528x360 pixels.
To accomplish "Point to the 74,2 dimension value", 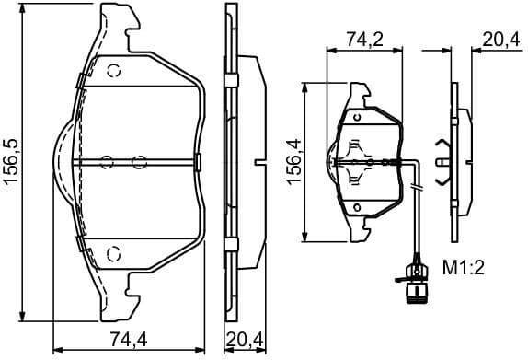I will (x=364, y=40).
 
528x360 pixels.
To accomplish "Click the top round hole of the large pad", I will (x=115, y=72).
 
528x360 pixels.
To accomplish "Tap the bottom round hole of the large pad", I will (x=115, y=253).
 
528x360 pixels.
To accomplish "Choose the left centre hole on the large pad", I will (x=107, y=163).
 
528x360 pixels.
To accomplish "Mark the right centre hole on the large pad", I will (x=140, y=163).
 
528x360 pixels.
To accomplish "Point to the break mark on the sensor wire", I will (x=417, y=190).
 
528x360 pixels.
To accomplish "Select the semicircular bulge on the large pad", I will (x=57, y=163).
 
